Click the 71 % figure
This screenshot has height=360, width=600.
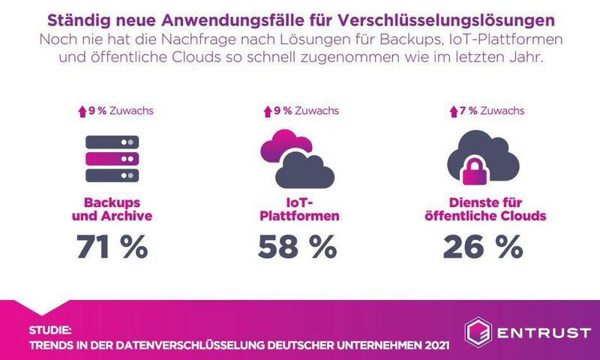pyautogui.click(x=112, y=247)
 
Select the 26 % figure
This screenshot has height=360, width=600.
pyautogui.click(x=482, y=247)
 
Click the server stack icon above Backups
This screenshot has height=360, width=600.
pyautogui.click(x=112, y=158)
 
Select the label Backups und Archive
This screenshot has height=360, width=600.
pyautogui.click(x=112, y=209)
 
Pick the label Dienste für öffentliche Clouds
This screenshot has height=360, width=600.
pyautogui.click(x=482, y=209)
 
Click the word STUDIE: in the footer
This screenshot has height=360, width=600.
pyautogui.click(x=51, y=330)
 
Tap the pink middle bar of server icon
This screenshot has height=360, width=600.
pyautogui.click(x=112, y=158)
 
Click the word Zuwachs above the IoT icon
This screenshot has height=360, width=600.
pyautogui.click(x=316, y=110)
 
